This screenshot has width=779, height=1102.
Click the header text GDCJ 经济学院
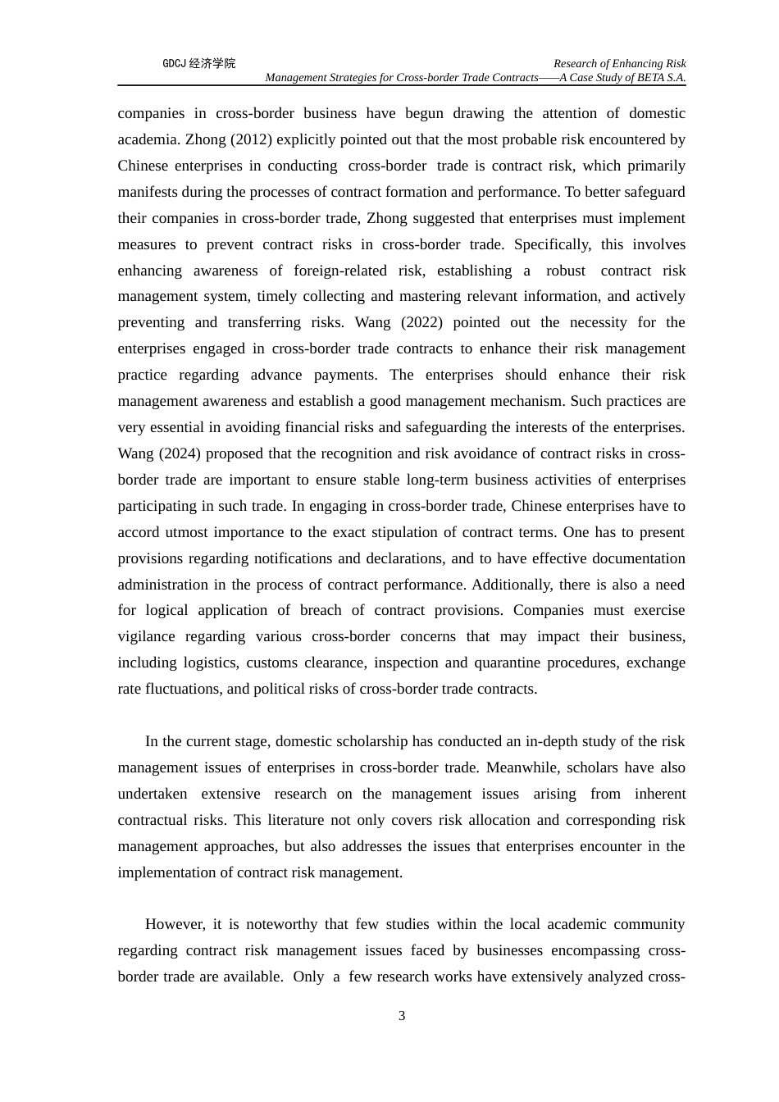click(x=198, y=63)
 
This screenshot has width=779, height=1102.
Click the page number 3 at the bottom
click(x=402, y=1016)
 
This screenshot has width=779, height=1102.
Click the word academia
click(x=147, y=139)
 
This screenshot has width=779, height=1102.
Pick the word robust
click(x=566, y=271)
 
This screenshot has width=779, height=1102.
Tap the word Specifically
click(x=552, y=244)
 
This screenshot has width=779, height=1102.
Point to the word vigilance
click(x=147, y=636)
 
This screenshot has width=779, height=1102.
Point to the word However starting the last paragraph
click(x=173, y=924)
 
